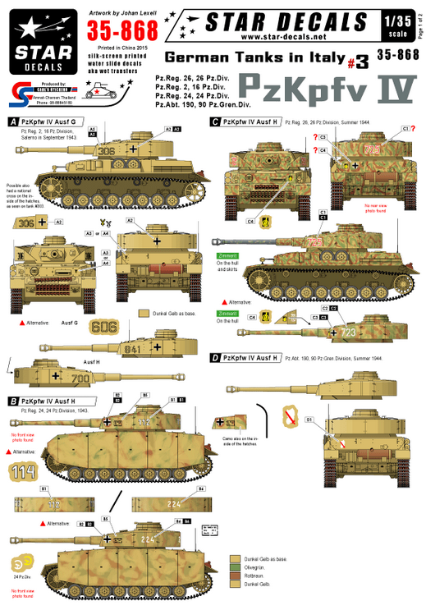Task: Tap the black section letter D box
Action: point(214,358)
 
